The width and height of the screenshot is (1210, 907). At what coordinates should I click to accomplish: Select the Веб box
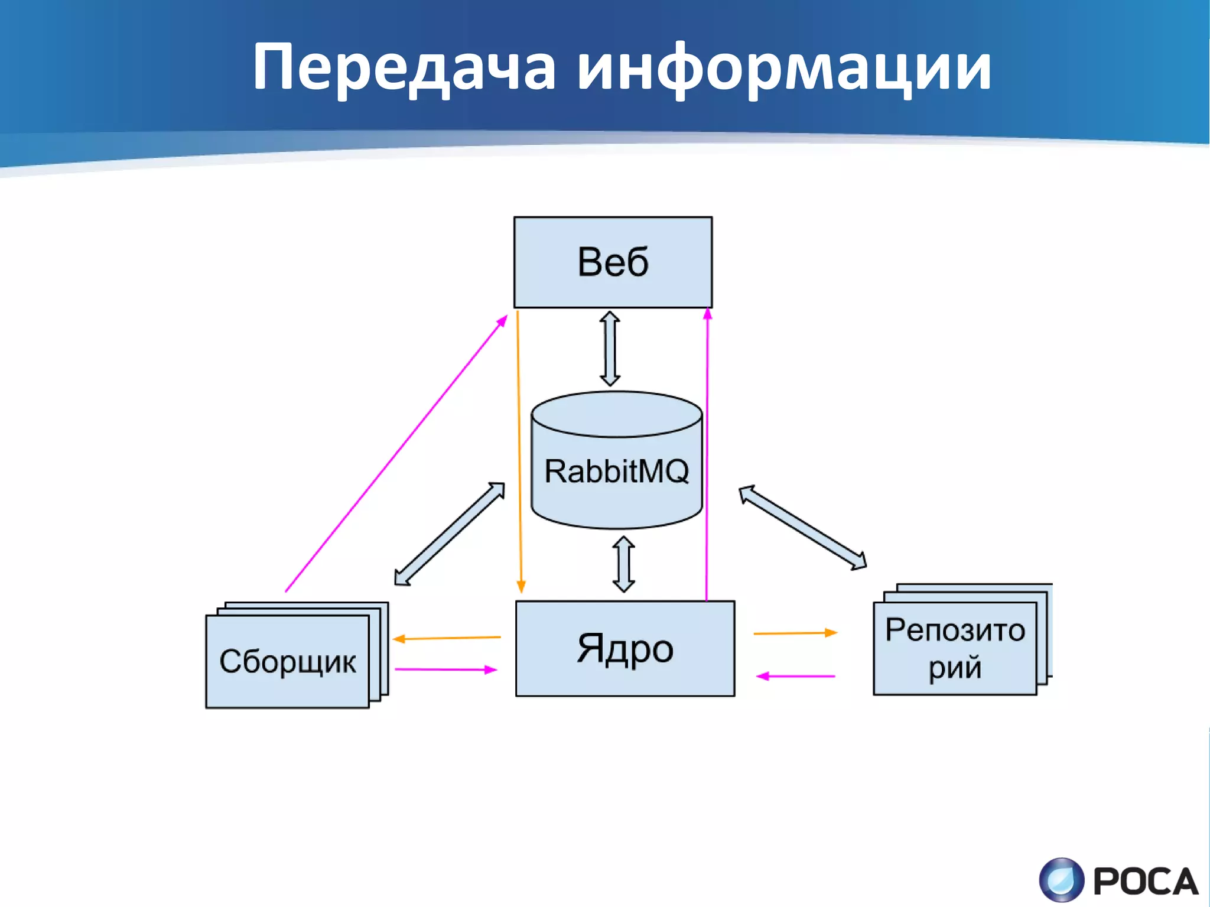click(x=613, y=262)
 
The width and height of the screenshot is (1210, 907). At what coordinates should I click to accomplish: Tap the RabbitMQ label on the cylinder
click(x=616, y=471)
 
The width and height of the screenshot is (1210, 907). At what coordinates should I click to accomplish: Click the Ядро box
click(x=624, y=648)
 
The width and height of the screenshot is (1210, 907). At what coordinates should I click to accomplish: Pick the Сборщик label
click(x=287, y=661)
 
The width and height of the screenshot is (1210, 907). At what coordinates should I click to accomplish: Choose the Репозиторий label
click(x=955, y=648)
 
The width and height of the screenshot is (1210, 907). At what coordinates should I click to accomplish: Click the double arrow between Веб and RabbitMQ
click(x=610, y=349)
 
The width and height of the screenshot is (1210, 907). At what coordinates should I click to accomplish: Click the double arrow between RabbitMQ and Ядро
click(x=624, y=564)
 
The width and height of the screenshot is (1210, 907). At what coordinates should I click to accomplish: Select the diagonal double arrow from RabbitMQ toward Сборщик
click(x=450, y=534)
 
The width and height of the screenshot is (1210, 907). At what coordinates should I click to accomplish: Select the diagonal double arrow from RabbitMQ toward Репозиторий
click(x=802, y=527)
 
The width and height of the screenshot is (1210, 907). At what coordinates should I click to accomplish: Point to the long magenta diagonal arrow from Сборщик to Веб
click(x=396, y=454)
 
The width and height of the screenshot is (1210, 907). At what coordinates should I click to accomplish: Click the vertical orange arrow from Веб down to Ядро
click(x=519, y=449)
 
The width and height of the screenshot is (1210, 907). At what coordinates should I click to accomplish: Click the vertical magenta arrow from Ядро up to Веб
click(x=707, y=455)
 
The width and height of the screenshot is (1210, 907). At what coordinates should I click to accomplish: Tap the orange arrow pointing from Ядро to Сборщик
click(x=447, y=638)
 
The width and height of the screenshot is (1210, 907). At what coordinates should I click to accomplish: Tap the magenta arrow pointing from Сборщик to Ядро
click(x=446, y=669)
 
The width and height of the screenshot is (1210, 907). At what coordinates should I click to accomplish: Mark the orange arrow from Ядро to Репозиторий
click(x=795, y=633)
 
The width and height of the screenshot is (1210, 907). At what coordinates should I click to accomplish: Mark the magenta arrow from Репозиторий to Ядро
click(x=796, y=676)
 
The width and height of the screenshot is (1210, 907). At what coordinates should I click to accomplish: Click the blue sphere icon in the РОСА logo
click(x=1061, y=880)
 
